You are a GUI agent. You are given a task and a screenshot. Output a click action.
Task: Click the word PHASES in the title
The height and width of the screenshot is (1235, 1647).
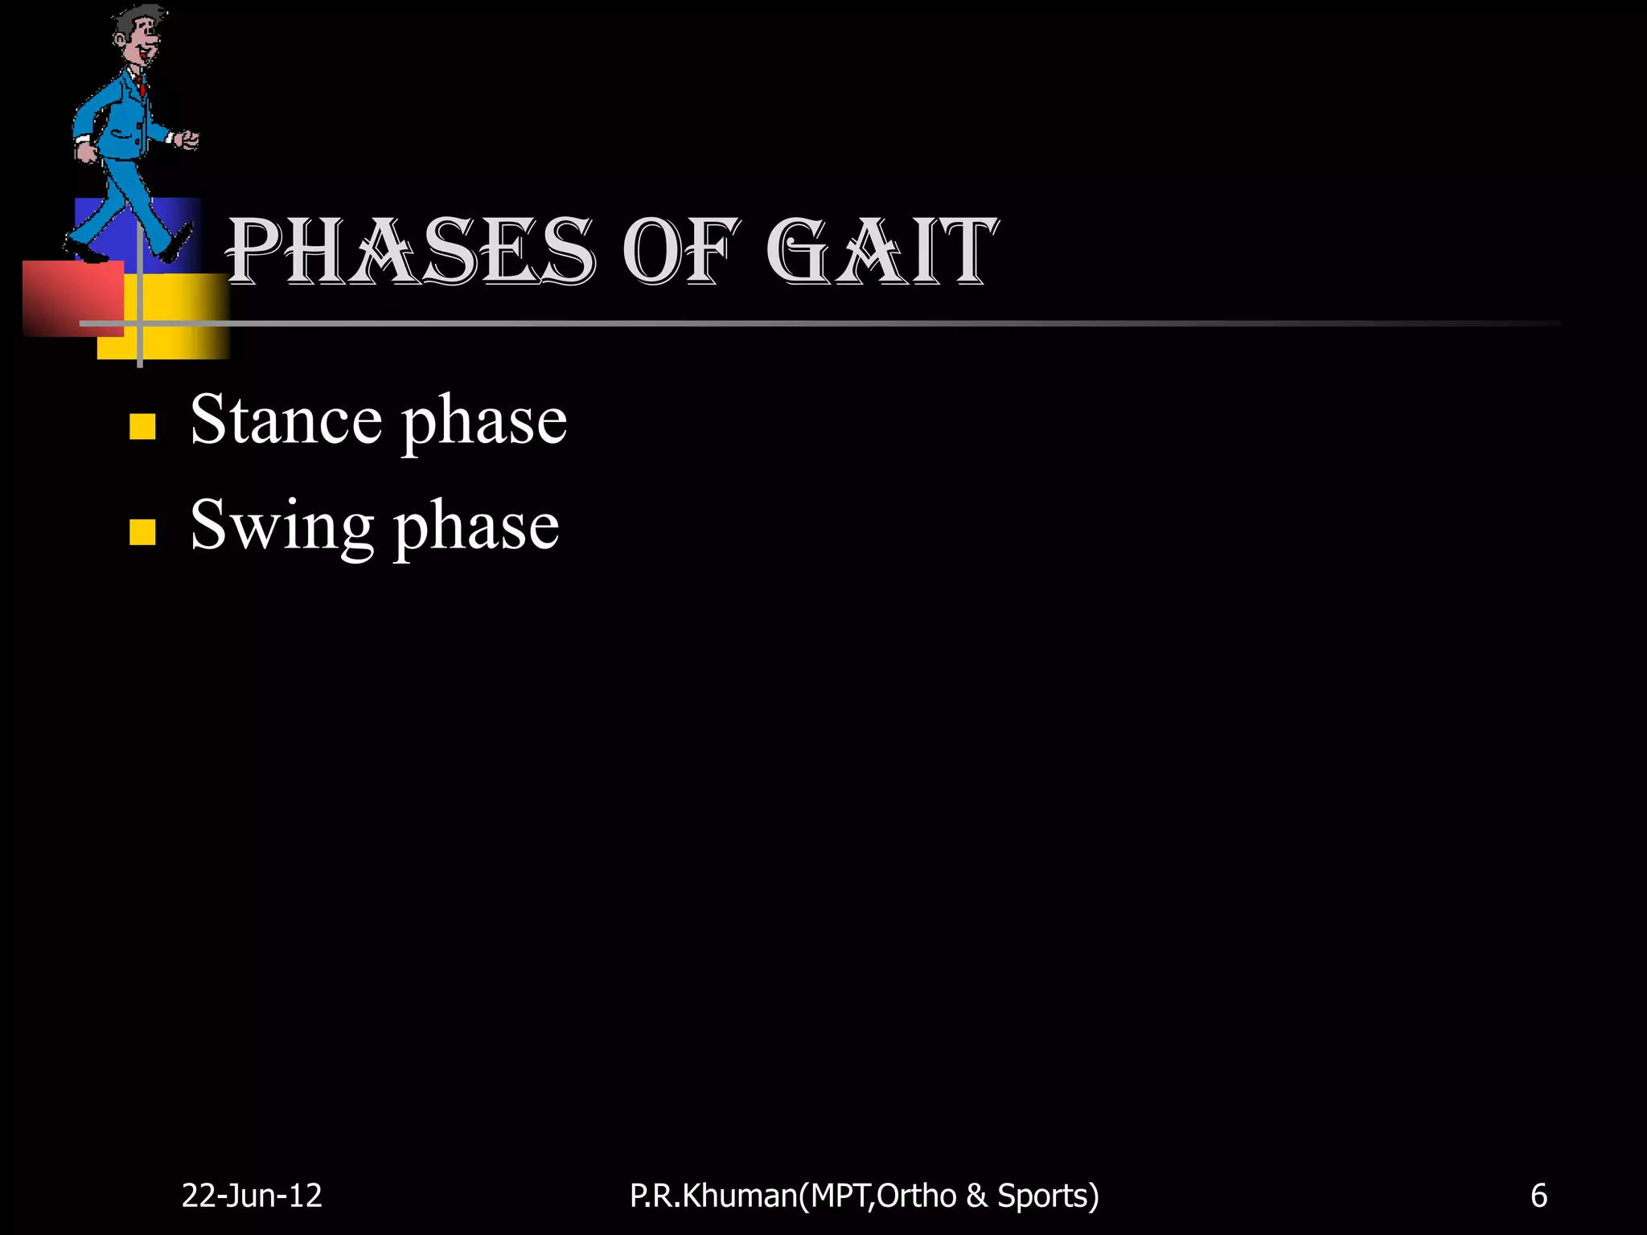(411, 252)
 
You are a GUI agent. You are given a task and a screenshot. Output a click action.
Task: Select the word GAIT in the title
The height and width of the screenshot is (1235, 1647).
(881, 252)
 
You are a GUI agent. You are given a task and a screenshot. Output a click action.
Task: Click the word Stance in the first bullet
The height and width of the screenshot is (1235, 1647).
(285, 420)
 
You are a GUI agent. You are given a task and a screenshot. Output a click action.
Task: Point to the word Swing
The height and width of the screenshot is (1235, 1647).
(281, 526)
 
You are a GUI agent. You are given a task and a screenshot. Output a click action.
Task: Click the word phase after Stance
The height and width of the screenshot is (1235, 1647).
(484, 421)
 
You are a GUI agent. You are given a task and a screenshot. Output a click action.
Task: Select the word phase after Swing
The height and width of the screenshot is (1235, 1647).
(476, 527)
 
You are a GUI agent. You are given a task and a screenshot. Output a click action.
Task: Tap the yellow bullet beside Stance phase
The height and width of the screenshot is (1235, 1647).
(142, 426)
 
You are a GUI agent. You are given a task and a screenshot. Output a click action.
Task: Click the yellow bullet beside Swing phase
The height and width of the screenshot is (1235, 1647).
(142, 531)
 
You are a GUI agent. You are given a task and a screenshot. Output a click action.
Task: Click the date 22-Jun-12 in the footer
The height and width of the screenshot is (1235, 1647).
(252, 1196)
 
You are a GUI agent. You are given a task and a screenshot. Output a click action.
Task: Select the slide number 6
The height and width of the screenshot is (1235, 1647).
(1538, 1196)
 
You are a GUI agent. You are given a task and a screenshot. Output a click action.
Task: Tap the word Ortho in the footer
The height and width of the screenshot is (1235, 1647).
(916, 1196)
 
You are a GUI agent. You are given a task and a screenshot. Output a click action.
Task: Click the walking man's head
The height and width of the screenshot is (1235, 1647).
(138, 36)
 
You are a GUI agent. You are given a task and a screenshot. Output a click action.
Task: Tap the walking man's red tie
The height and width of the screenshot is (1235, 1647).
(142, 85)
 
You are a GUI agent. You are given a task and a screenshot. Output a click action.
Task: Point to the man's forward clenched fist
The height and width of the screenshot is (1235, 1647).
(190, 141)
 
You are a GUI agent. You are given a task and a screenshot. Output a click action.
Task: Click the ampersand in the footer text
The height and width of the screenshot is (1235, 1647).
(976, 1196)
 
